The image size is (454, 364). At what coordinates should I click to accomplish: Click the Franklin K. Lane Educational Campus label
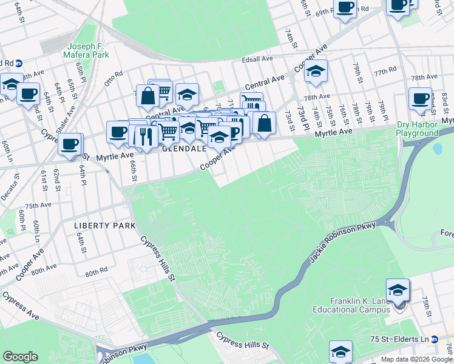point(359,306)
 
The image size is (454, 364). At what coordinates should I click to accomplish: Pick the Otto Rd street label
point(114,78)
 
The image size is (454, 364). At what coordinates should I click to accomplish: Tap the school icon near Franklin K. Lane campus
point(398,290)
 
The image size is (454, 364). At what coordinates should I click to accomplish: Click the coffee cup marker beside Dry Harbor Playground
point(420,98)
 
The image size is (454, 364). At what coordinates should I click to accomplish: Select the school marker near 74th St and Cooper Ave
point(316,71)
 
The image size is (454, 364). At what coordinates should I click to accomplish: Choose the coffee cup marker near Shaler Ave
point(70,144)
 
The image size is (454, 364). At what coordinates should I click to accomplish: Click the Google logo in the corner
point(19,357)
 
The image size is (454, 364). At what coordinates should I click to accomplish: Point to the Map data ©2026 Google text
point(416,359)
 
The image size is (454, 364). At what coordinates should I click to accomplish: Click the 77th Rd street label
point(385,72)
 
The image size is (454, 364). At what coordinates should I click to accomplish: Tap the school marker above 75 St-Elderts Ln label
point(340,351)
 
